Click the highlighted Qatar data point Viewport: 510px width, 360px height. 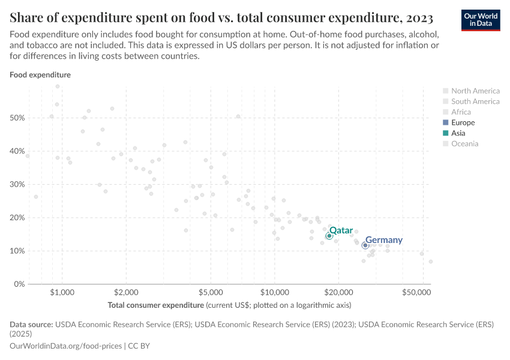(x=329, y=236)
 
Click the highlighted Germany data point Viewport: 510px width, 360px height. (x=365, y=245)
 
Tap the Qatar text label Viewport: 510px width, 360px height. (x=341, y=230)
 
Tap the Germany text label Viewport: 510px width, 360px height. (x=384, y=240)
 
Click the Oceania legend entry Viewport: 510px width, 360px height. (x=465, y=143)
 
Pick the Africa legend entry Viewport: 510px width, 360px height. (x=461, y=112)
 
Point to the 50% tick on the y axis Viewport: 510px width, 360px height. (x=17, y=118)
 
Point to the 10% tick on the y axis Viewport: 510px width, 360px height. (x=17, y=251)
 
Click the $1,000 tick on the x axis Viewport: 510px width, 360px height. (x=62, y=293)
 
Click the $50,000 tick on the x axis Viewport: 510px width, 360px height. (x=417, y=293)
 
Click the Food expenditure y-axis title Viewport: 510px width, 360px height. (x=40, y=75)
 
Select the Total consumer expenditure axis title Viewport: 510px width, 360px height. (x=156, y=305)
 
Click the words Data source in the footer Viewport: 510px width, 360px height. (x=31, y=324)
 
